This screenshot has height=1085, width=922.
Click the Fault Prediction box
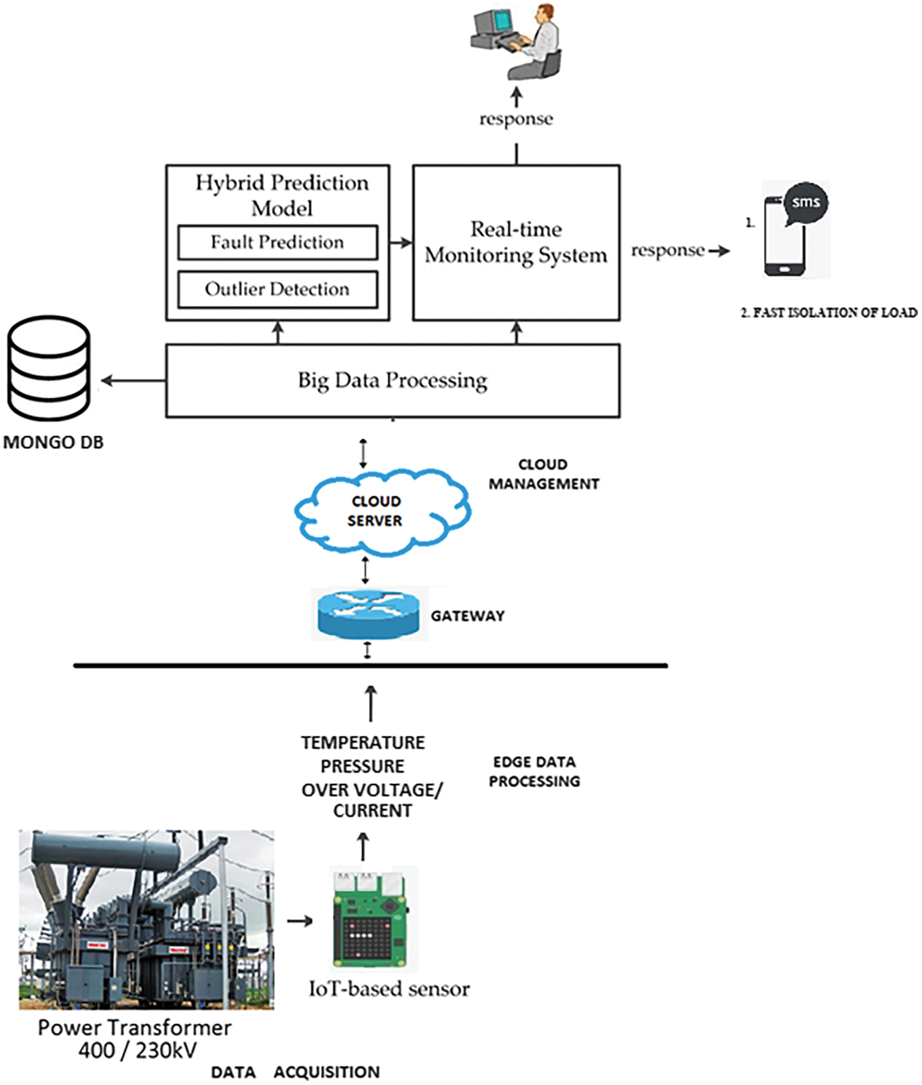pos(277,243)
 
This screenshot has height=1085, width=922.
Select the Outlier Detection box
pos(277,290)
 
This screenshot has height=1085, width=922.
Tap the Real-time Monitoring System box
pos(516,242)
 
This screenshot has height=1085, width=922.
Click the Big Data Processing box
pos(393,380)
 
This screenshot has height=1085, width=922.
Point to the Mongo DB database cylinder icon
pos(49,368)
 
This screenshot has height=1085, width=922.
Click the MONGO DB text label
pos(54,443)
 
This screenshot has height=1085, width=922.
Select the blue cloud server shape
pos(382,511)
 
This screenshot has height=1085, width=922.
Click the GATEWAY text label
pos(468,616)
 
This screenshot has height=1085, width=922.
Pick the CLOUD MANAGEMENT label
pos(544,474)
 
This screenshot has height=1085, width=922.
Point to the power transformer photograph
pos(146,919)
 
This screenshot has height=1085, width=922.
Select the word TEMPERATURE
pos(363,743)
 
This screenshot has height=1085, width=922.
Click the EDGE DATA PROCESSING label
pos(534,772)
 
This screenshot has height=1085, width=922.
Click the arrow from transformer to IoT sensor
pos(300,921)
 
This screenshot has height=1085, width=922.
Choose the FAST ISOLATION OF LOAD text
pos(828,313)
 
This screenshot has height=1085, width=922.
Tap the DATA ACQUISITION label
pos(295,1072)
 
